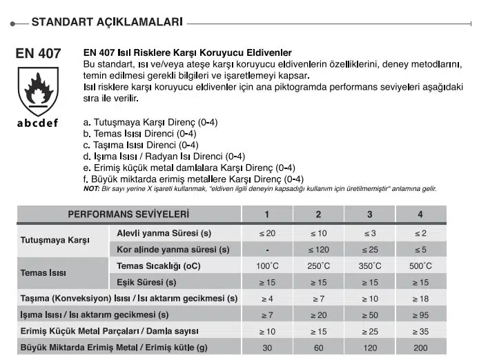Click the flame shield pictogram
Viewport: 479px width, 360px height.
point(37,90)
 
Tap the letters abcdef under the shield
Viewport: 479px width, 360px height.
point(37,123)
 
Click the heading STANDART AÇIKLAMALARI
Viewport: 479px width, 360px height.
point(107,22)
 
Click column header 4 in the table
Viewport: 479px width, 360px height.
point(420,214)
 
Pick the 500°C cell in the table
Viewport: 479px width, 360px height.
point(420,266)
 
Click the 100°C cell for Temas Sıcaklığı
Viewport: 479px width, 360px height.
point(267,266)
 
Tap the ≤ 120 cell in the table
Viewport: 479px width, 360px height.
point(318,249)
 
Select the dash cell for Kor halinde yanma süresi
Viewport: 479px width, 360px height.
point(267,249)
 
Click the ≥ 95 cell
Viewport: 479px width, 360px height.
point(420,315)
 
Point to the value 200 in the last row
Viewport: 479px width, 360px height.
point(420,348)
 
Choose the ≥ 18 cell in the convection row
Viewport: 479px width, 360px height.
point(420,299)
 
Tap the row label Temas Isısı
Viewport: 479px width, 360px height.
point(43,273)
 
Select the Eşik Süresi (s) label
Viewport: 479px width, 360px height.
point(146,282)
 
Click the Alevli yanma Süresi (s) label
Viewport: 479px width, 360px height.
point(164,232)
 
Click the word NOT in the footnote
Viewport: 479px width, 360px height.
point(91,189)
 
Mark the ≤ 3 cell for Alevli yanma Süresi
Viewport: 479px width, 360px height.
point(369,232)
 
